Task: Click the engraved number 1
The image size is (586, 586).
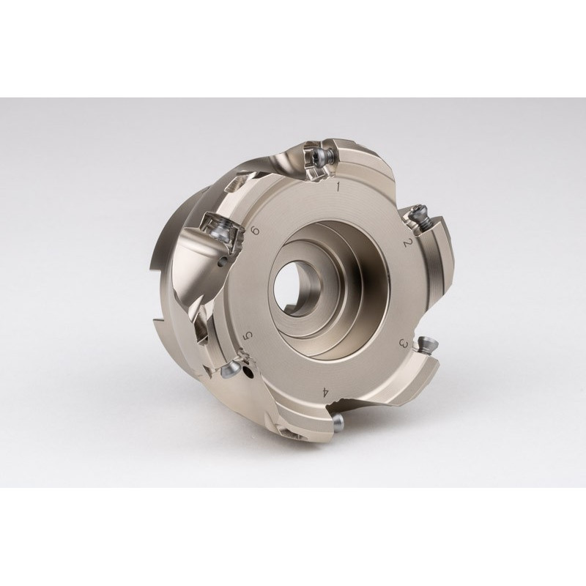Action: tap(338, 187)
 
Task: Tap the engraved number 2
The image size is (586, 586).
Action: tap(407, 243)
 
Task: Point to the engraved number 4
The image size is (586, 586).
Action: tap(326, 393)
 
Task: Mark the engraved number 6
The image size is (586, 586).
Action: tap(256, 231)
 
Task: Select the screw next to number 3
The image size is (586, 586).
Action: tap(426, 343)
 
